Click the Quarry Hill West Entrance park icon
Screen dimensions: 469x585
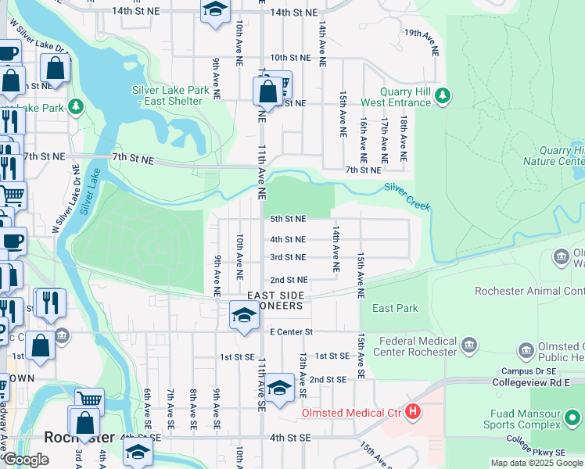443,95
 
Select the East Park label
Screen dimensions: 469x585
395,308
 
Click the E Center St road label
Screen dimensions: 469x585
291,332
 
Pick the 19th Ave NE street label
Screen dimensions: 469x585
422,42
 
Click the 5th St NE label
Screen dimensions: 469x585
288,220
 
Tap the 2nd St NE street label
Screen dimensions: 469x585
289,280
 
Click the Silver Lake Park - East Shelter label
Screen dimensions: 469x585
170,95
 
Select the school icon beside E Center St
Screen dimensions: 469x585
244,317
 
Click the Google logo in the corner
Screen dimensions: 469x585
26,460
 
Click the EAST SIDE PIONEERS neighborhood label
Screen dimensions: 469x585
275,300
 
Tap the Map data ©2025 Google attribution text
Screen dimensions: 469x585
537,463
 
